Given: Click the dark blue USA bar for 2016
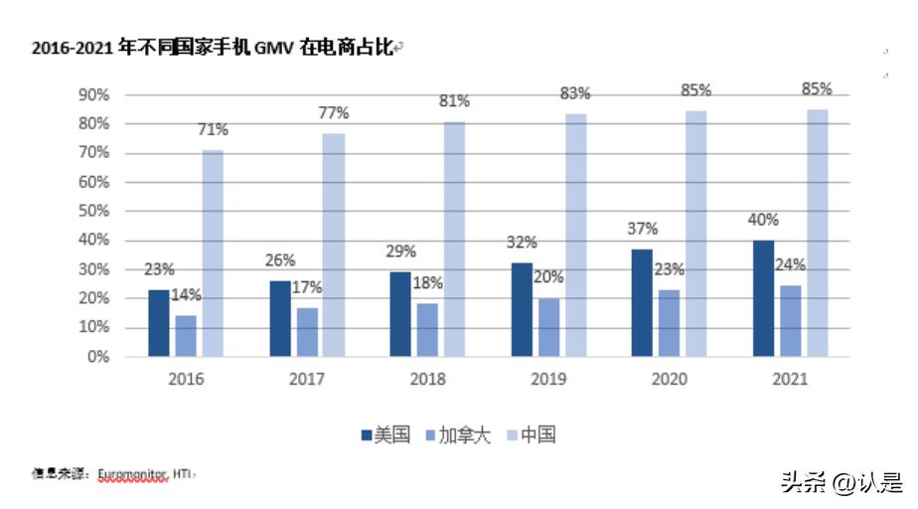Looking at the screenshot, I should pos(159,322).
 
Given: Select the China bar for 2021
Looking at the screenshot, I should pos(817,233).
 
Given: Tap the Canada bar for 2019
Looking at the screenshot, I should pos(549,327).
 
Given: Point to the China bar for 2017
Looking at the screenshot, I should pos(333,245).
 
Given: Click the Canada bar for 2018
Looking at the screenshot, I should pos(428,329).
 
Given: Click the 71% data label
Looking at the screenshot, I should pos(213,129).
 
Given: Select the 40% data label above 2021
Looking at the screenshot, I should pos(763,220).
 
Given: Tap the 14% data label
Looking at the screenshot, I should pos(186,294).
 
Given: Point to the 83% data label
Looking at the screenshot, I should pos(575,93).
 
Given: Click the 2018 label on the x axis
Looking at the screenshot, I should pos(428,380).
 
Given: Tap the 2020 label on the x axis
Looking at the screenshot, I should pos(669,380).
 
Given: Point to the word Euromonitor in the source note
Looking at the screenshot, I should pos(132,475).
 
